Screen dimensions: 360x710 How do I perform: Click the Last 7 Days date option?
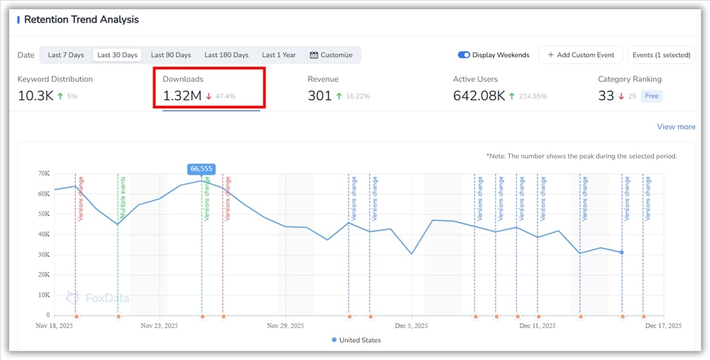coord(66,55)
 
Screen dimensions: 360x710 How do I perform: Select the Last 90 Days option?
coord(171,55)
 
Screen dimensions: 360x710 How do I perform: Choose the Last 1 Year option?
coord(278,55)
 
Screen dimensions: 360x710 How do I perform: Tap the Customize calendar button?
coord(331,55)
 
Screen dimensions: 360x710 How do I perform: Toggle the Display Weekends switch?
coord(464,55)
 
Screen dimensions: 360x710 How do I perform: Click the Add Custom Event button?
coord(581,55)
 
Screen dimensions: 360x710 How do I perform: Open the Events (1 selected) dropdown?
coord(661,55)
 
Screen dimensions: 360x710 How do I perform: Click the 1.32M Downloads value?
coord(182,96)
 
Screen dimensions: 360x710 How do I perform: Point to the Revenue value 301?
coord(319,96)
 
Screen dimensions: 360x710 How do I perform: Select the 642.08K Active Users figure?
coord(478,96)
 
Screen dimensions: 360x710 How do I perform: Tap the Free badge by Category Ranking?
coord(651,96)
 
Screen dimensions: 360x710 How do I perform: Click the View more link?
coord(676,126)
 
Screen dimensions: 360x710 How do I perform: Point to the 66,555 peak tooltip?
coord(202,169)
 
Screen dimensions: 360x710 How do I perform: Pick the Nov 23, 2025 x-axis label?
coord(159,326)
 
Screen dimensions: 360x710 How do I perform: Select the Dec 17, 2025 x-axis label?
coord(663,326)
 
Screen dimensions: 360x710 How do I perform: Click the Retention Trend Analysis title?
coord(81,19)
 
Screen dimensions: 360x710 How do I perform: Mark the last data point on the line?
coord(622,252)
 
